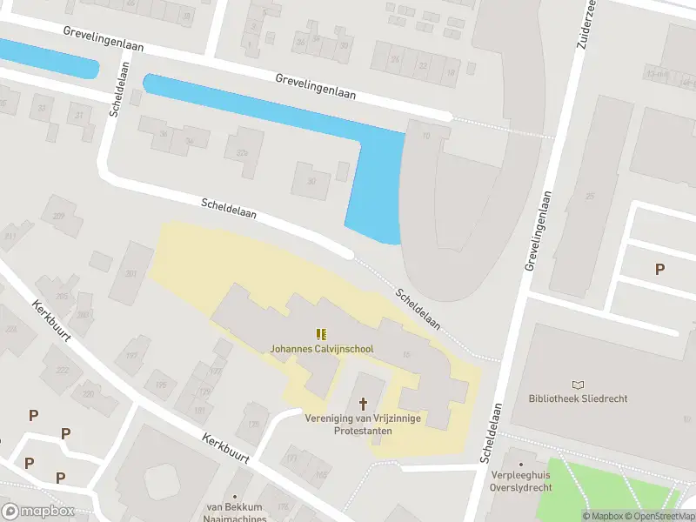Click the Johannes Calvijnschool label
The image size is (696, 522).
[x=322, y=349]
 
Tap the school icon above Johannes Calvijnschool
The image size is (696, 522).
[x=322, y=334]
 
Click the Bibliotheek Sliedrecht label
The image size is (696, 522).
[x=578, y=398]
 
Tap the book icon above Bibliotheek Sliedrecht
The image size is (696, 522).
[x=578, y=384]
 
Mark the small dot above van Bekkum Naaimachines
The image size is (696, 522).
[x=235, y=494]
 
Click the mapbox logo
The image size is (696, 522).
[x=38, y=512]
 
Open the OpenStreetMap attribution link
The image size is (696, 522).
[x=658, y=516]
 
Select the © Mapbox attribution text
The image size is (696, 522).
[x=601, y=516]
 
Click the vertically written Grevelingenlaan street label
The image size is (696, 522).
[x=539, y=231]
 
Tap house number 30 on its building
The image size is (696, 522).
[x=311, y=181]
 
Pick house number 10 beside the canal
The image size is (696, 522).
[x=425, y=136]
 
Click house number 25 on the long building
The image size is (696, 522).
[x=589, y=196]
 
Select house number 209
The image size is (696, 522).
[x=59, y=216]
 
